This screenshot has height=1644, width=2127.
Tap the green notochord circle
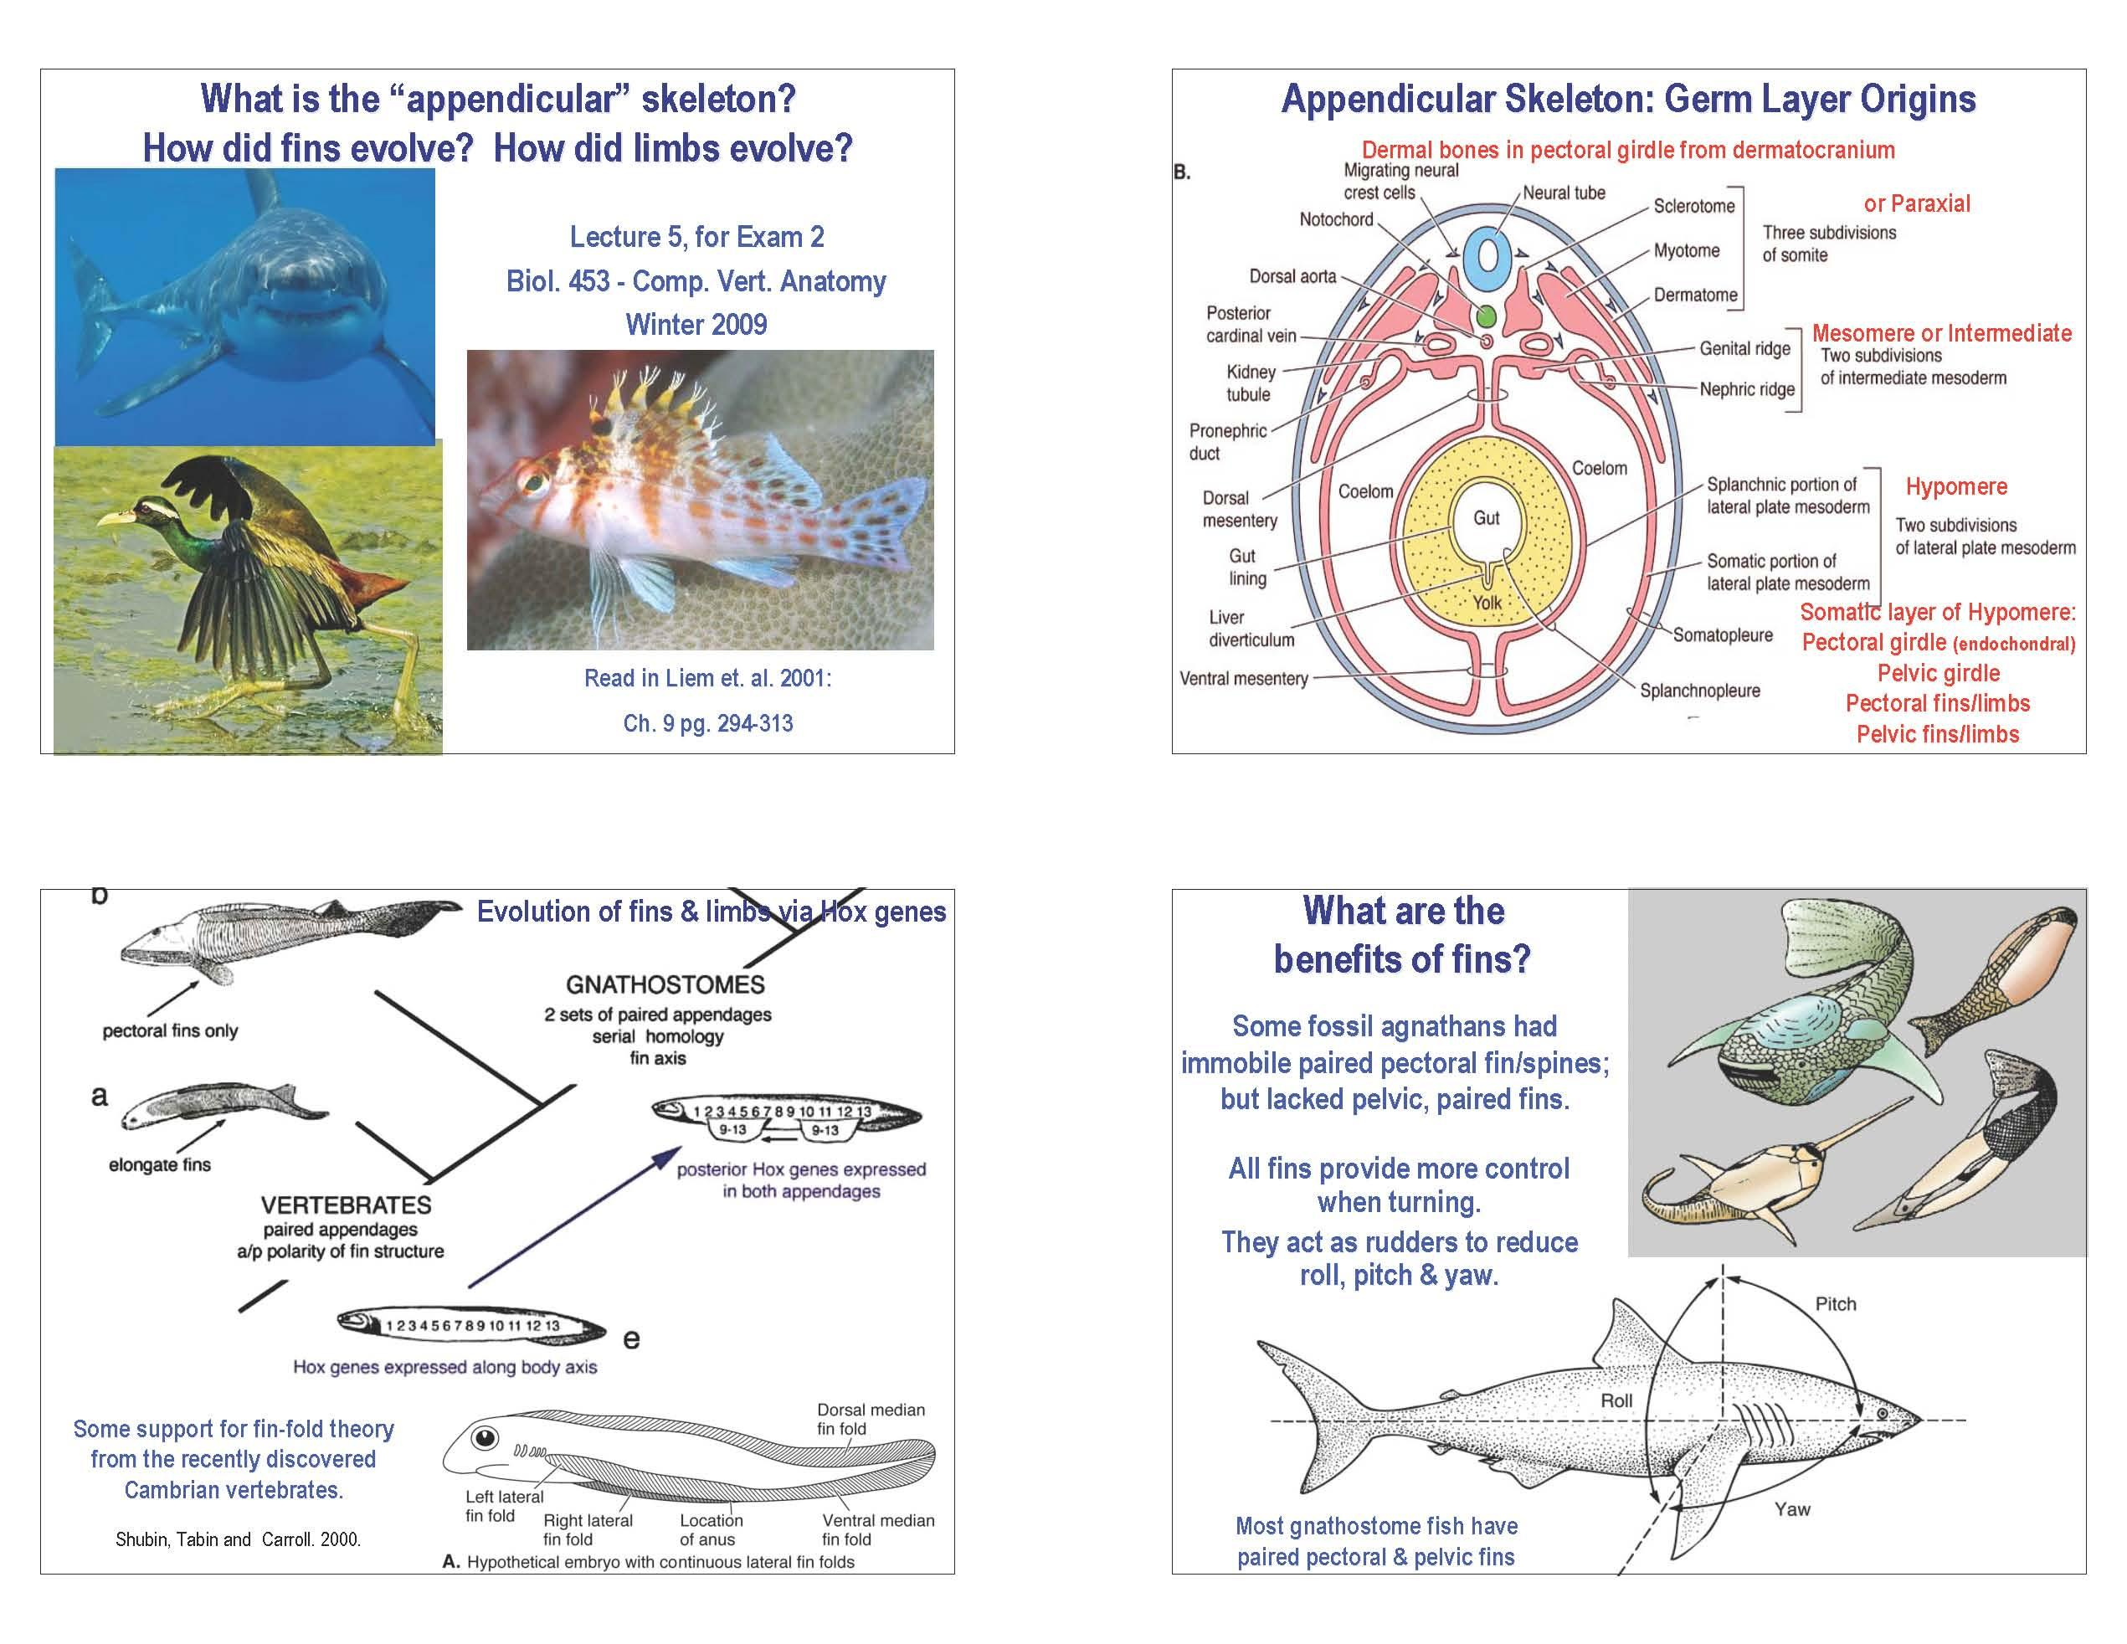click(x=1485, y=316)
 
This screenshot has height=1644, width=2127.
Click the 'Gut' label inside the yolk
click(x=1486, y=518)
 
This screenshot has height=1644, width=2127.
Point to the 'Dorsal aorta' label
click(x=1292, y=276)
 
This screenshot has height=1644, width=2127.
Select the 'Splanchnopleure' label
click(x=1700, y=691)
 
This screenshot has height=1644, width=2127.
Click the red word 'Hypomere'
click(x=1956, y=487)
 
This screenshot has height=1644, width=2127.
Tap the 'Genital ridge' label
click(x=1745, y=349)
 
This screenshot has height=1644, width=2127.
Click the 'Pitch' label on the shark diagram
click(x=1836, y=1304)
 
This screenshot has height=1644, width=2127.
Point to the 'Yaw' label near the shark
click(x=1792, y=1509)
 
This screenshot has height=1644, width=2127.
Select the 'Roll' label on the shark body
click(x=1616, y=1400)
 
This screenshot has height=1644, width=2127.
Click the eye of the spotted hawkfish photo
click(x=532, y=481)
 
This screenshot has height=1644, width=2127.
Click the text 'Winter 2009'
click(x=696, y=324)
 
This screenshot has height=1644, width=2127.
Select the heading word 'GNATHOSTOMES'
click(x=666, y=984)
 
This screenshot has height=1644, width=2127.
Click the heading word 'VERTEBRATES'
click(x=346, y=1205)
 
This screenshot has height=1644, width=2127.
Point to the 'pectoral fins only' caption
click(x=171, y=1031)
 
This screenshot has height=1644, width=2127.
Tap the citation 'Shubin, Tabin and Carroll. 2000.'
click(x=239, y=1540)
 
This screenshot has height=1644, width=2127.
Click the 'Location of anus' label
click(x=711, y=1530)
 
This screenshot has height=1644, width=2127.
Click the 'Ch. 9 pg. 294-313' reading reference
click(x=708, y=723)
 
